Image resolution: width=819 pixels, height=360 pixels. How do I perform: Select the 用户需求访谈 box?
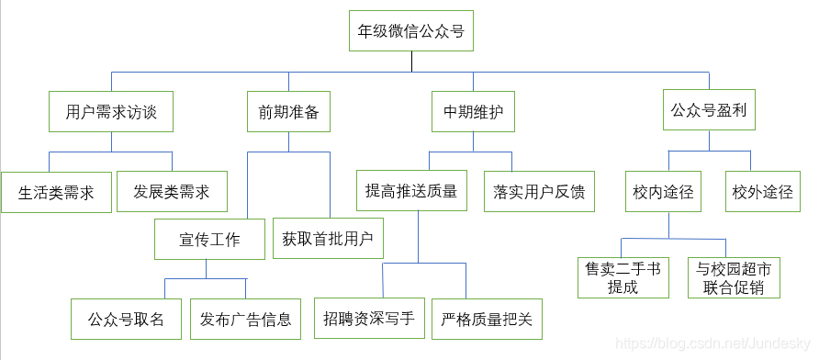click(111, 112)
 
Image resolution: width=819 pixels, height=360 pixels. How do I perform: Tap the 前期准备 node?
click(288, 112)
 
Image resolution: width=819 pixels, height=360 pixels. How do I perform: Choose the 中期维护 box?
click(473, 112)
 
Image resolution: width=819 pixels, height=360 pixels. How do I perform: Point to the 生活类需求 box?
click(56, 193)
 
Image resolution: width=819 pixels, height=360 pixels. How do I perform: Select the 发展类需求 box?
click(172, 192)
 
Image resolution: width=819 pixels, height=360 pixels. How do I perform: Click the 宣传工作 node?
click(209, 240)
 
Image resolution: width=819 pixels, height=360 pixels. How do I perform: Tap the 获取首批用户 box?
click(328, 239)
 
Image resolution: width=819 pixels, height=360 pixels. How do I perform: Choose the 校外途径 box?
click(762, 192)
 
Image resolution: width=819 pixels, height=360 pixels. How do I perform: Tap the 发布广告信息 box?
click(245, 320)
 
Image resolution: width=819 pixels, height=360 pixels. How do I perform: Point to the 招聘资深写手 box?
click(369, 320)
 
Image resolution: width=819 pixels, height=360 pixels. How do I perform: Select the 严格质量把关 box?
click(487, 320)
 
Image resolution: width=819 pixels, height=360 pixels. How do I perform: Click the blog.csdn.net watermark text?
click(712, 343)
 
